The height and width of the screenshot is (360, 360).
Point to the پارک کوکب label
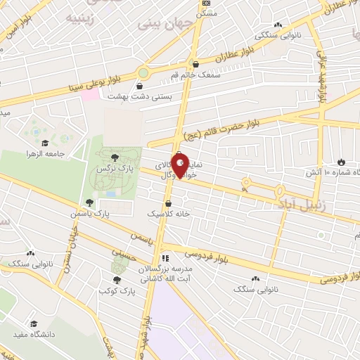116,290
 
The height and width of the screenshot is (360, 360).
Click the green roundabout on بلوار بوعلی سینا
144,72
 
